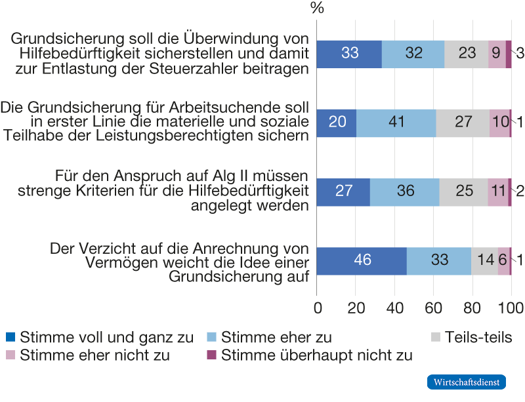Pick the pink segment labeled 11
(497, 191)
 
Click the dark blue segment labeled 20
(336, 123)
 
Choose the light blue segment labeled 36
(404, 191)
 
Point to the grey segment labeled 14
(484, 260)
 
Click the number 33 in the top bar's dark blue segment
(350, 54)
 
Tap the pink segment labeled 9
(497, 54)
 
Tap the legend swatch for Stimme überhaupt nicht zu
(212, 355)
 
